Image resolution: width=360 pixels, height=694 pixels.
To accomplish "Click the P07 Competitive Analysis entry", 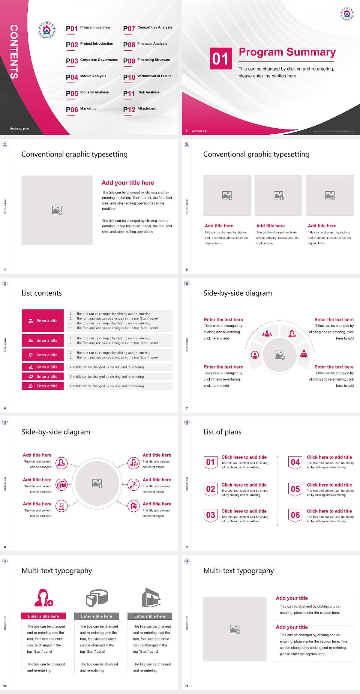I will tap(147, 28).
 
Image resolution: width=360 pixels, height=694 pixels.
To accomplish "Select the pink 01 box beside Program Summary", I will tap(220, 59).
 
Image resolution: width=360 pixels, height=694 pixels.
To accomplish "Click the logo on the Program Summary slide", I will tap(346, 14).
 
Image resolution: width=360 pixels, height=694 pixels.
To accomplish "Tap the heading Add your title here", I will tap(127, 183).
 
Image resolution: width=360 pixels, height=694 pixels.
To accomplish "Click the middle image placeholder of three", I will tap(278, 195).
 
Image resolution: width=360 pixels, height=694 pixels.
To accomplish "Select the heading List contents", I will tap(42, 293).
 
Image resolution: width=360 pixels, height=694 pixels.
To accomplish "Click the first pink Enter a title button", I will tap(43, 321).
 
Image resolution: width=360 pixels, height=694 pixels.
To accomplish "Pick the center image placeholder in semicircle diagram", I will tap(279, 355).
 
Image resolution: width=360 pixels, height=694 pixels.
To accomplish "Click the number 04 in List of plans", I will tap(295, 462).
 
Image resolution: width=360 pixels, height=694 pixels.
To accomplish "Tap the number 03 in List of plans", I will tap(211, 515).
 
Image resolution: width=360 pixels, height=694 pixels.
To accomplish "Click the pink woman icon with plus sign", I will tap(43, 598).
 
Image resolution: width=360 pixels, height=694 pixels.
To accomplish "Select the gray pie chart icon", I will tap(97, 598).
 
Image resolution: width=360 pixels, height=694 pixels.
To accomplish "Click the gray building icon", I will tap(151, 598).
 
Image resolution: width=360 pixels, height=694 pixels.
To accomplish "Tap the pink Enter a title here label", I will tap(43, 616).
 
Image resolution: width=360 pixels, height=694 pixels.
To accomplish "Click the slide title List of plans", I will tap(222, 432).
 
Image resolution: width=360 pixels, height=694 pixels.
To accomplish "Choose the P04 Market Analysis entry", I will tap(86, 77).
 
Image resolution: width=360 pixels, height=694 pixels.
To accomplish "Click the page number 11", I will tap(187, 686).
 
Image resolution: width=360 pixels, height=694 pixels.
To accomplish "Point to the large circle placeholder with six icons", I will tap(97, 483).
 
